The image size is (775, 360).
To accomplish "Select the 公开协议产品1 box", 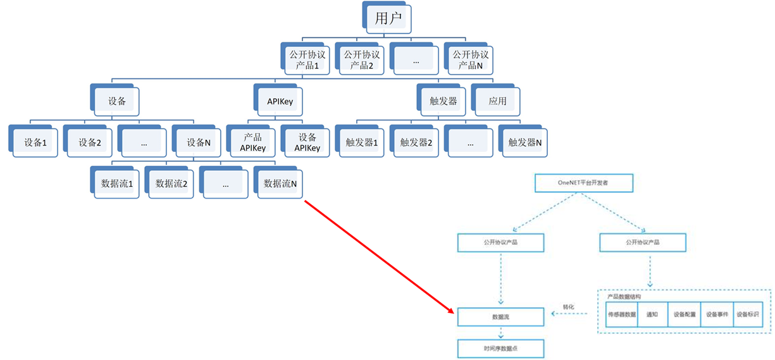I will coord(307,59).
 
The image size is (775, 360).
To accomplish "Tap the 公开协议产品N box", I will coord(471,59).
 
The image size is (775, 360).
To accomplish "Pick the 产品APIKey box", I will coord(252,142).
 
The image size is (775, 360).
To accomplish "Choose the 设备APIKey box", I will coord(307,142).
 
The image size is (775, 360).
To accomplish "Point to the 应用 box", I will coord(498,101).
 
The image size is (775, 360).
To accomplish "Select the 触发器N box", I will coord(525,142).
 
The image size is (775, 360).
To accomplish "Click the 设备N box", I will coord(198,142).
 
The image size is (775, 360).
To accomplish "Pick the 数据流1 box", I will coord(117,183).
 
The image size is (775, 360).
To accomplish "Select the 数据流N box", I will coord(280,183).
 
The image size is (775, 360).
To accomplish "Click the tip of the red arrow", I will coord(453,313).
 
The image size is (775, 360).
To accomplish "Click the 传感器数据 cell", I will coord(621,314).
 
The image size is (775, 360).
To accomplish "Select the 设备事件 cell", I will coord(717,314).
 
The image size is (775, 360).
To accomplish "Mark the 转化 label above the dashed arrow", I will coord(569,307).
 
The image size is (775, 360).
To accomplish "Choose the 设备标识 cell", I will coord(748,314).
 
